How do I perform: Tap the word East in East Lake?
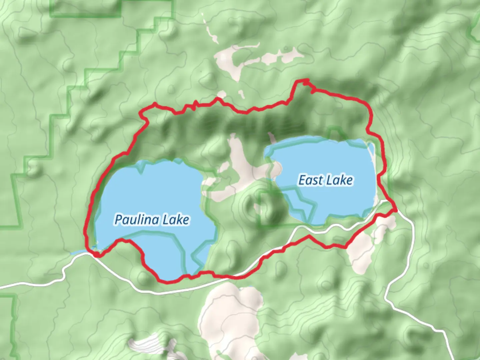pos(310,180)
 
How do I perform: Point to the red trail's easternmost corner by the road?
pos(395,210)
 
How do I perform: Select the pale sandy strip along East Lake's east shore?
pos(373,160)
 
